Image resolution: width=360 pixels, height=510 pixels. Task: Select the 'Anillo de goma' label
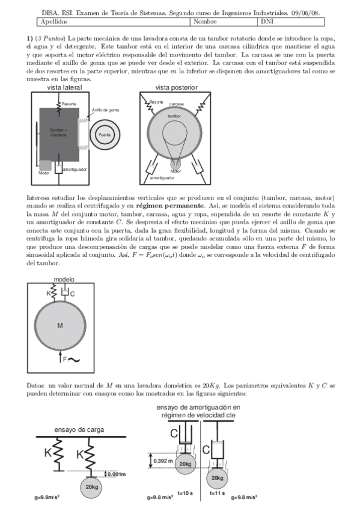(x=105, y=110)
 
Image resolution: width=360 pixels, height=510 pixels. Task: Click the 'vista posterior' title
(x=176, y=87)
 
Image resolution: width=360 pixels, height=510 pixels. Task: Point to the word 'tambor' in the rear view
(x=174, y=115)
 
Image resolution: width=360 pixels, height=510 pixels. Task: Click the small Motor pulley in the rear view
(x=175, y=163)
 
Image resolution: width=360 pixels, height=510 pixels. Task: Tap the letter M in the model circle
(x=59, y=325)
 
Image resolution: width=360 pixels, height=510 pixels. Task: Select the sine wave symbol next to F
(x=75, y=360)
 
